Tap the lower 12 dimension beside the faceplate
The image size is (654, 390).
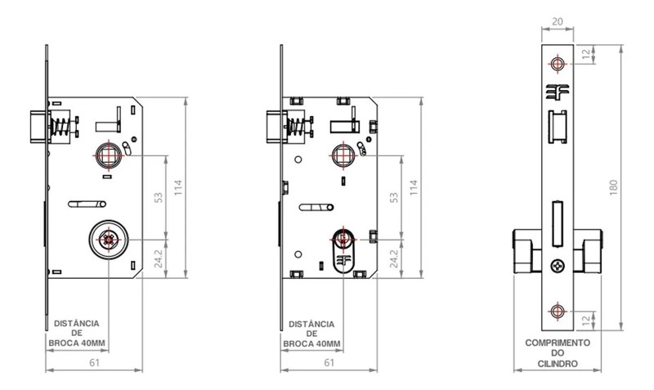(584, 318)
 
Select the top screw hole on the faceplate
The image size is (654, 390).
(558, 64)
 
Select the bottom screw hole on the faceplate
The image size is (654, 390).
(558, 309)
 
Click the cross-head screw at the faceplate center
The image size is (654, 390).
(558, 265)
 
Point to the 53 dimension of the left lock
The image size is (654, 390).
(160, 197)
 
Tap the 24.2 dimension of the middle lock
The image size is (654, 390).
(394, 258)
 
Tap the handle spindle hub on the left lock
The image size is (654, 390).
(106, 155)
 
